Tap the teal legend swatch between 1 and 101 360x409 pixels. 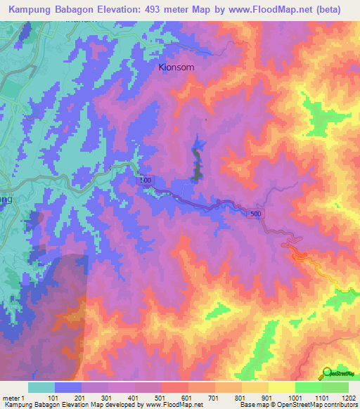coord(41,387)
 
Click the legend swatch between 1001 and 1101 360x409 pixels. coord(309,387)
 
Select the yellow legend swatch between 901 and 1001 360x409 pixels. coord(282,387)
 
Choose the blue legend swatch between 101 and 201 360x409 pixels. coord(68,387)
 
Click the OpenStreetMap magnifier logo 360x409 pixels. coord(326,372)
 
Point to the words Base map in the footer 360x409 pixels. coord(252,405)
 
